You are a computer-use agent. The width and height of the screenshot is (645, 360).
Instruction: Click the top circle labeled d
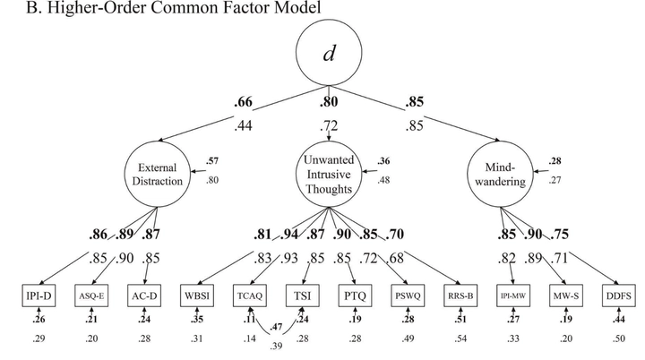pyautogui.click(x=329, y=53)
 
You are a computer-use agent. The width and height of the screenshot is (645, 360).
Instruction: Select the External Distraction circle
pyautogui.click(x=158, y=175)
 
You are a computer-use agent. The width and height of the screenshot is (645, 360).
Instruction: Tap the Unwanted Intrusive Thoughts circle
pyautogui.click(x=329, y=175)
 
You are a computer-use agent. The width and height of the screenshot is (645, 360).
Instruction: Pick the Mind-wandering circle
pyautogui.click(x=500, y=175)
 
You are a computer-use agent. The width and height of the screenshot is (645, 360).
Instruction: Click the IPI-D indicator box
pyautogui.click(x=39, y=296)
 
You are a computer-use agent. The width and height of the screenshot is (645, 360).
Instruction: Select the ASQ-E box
pyautogui.click(x=91, y=296)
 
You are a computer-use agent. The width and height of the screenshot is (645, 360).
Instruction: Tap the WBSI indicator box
pyautogui.click(x=197, y=296)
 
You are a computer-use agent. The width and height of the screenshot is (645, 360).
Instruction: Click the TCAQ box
pyautogui.click(x=250, y=296)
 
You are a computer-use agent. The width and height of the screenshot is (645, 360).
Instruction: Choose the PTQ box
pyautogui.click(x=356, y=296)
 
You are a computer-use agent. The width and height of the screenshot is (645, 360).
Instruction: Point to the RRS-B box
pyautogui.click(x=460, y=296)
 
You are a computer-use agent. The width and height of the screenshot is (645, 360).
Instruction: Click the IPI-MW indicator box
pyautogui.click(x=513, y=296)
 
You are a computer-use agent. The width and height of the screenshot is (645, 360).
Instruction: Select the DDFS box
pyautogui.click(x=619, y=296)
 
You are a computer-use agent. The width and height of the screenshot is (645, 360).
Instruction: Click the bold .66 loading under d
pyautogui.click(x=243, y=101)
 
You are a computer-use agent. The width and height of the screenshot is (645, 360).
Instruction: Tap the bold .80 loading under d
pyautogui.click(x=329, y=101)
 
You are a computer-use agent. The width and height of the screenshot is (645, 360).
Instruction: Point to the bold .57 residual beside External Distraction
pyautogui.click(x=212, y=161)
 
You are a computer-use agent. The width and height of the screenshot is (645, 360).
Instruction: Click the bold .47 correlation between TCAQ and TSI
pyautogui.click(x=276, y=327)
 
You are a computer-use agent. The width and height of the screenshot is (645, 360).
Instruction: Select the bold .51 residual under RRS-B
pyautogui.click(x=460, y=320)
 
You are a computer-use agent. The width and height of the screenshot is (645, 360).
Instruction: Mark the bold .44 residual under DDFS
pyautogui.click(x=619, y=320)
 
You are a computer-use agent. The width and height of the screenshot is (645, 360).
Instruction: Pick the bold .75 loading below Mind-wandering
pyautogui.click(x=559, y=234)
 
